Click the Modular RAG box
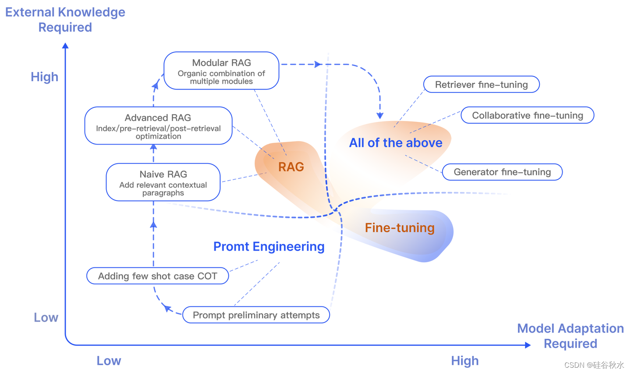pyautogui.click(x=221, y=71)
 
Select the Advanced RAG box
pyautogui.click(x=158, y=126)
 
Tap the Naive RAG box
pyautogui.click(x=163, y=182)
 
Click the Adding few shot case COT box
pyautogui.click(x=157, y=276)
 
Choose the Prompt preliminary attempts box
pyautogui.click(x=256, y=315)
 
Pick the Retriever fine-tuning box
pyautogui.click(x=481, y=85)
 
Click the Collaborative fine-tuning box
pyautogui.click(x=527, y=115)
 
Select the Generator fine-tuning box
pyautogui.click(x=502, y=172)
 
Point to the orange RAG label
pyautogui.click(x=291, y=167)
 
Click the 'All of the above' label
pyautogui.click(x=396, y=143)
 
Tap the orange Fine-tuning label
pyautogui.click(x=400, y=228)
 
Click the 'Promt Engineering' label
pyautogui.click(x=269, y=247)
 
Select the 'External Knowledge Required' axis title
pyautogui.click(x=65, y=20)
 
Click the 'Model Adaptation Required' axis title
pyautogui.click(x=570, y=336)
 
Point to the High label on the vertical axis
pyautogui.click(x=44, y=77)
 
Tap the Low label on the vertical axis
pyautogui.click(x=46, y=318)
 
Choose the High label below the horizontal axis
pyautogui.click(x=464, y=361)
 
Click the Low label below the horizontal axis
pyautogui.click(x=109, y=361)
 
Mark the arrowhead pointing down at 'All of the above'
pyautogui.click(x=380, y=116)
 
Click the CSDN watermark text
pyautogui.click(x=594, y=365)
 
